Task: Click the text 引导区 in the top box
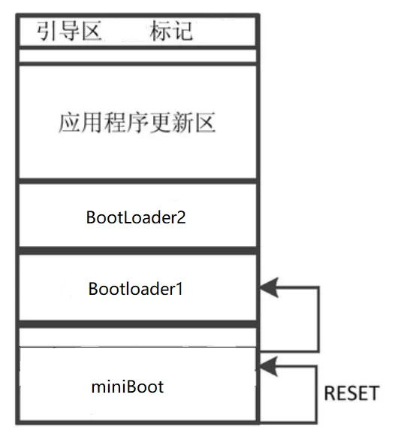pyautogui.click(x=69, y=31)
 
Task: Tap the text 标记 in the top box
pyautogui.click(x=171, y=31)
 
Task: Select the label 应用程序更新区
pyautogui.click(x=137, y=123)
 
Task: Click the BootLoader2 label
pyautogui.click(x=136, y=217)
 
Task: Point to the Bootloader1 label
pyautogui.click(x=136, y=289)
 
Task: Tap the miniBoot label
pyautogui.click(x=128, y=387)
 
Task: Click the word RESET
pyautogui.click(x=351, y=393)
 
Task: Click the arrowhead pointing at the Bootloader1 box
pyautogui.click(x=269, y=287)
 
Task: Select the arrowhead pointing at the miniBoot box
pyautogui.click(x=268, y=366)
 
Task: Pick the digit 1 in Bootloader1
pyautogui.click(x=179, y=289)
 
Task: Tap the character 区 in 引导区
pyautogui.click(x=91, y=31)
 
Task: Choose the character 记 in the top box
pyautogui.click(x=182, y=31)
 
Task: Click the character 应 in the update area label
pyautogui.click(x=69, y=123)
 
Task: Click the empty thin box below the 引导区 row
pyautogui.click(x=137, y=56)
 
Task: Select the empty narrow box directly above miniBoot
pyautogui.click(x=137, y=338)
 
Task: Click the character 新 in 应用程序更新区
pyautogui.click(x=182, y=123)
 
